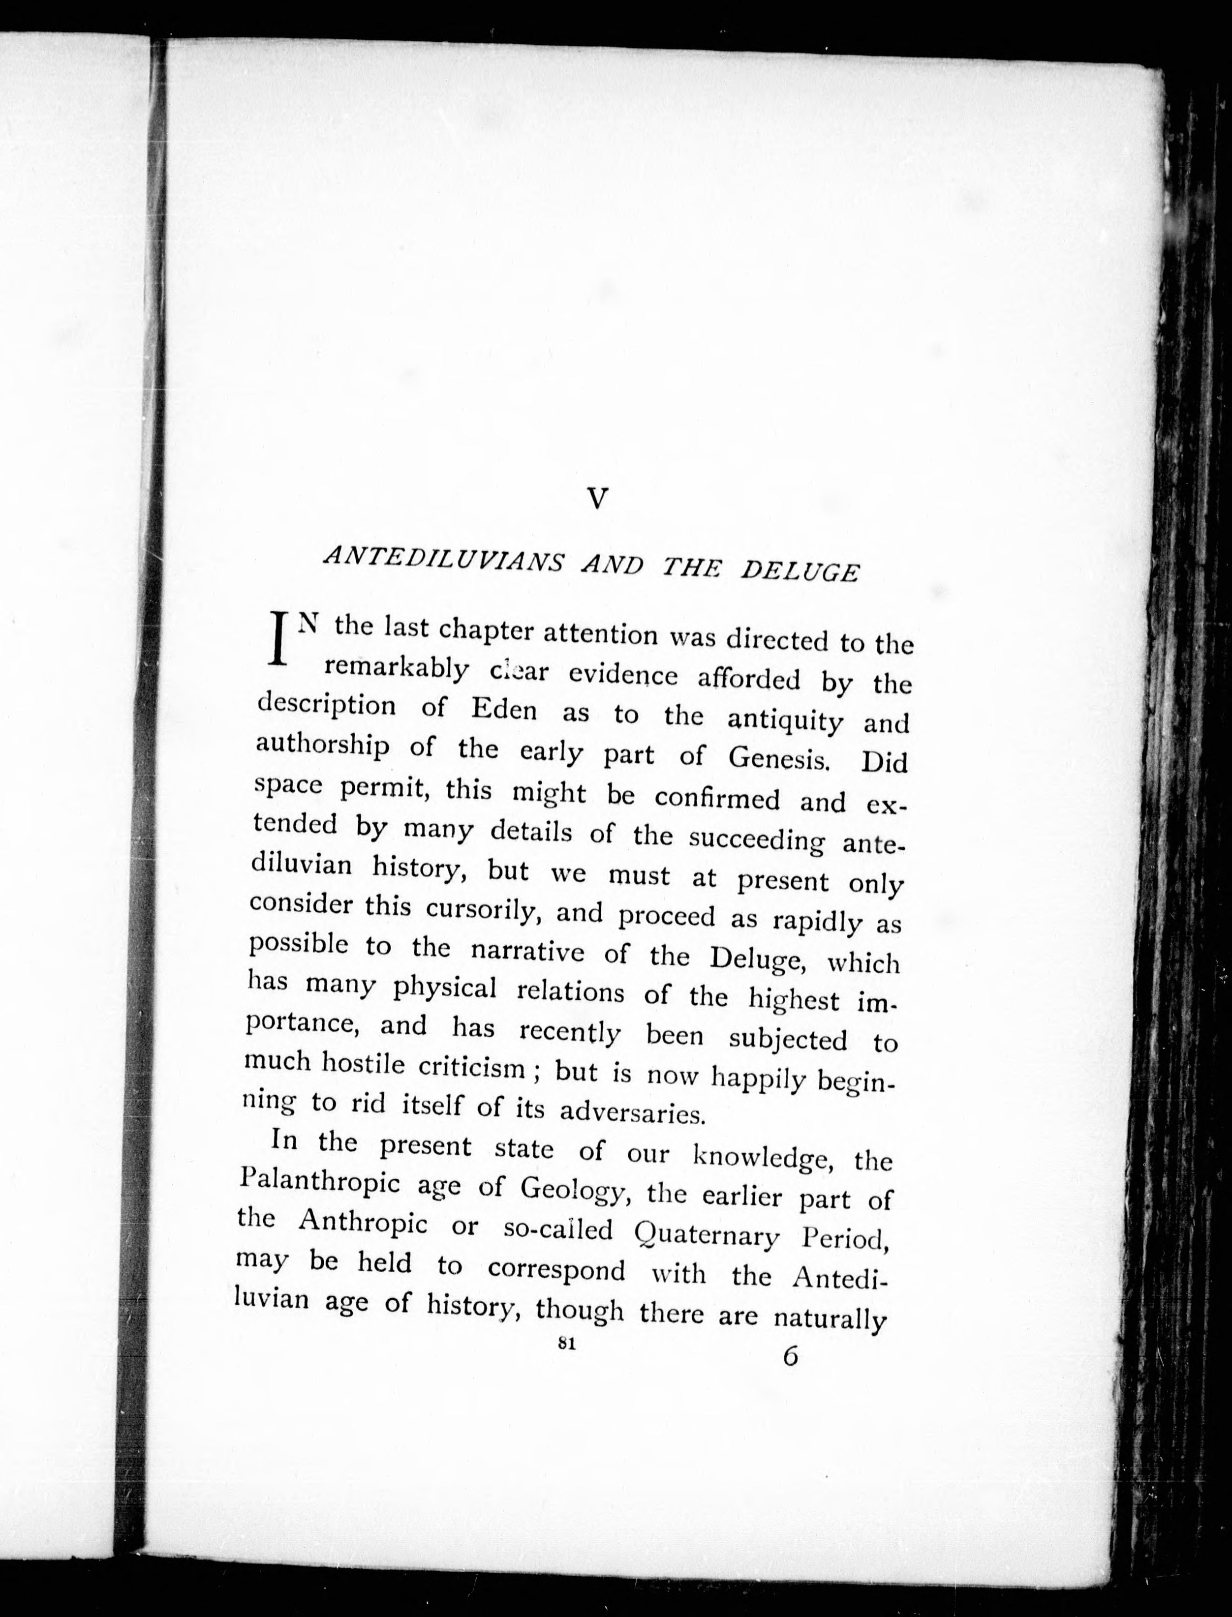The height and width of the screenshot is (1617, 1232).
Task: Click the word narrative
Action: click(x=528, y=951)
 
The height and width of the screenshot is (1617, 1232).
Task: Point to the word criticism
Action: click(x=471, y=1068)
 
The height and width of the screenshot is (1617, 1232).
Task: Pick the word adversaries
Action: click(x=632, y=1113)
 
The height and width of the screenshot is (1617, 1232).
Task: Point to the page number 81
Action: click(x=565, y=1344)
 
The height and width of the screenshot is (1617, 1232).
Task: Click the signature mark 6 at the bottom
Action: click(x=790, y=1356)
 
